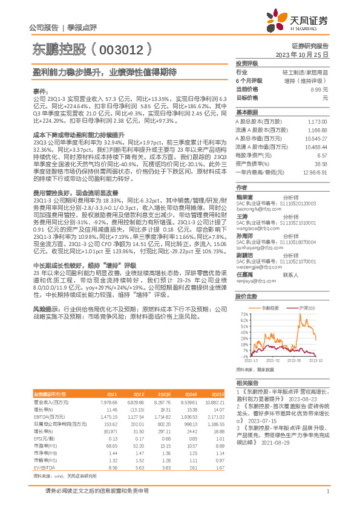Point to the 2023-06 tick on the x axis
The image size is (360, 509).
coord(295,359)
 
